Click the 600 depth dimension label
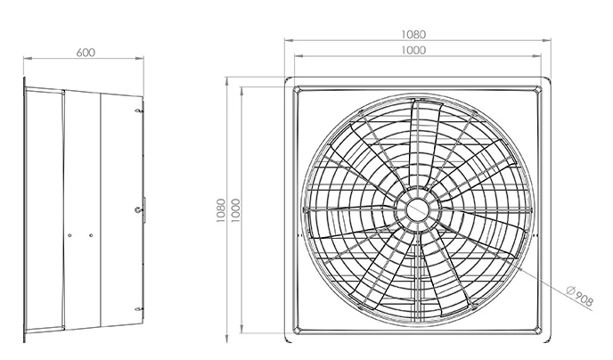point(86,53)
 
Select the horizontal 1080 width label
point(413,35)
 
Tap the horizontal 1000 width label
point(413,50)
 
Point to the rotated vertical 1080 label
point(221,210)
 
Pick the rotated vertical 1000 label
point(236,210)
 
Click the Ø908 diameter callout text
point(580,296)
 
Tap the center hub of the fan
point(418,210)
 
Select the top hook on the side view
point(138,111)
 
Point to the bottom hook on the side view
point(138,309)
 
